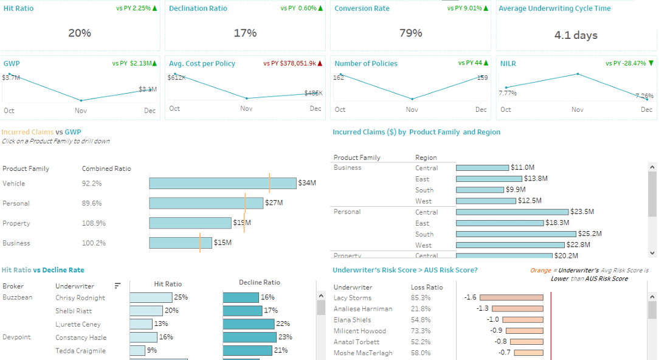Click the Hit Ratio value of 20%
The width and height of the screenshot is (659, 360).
point(80,33)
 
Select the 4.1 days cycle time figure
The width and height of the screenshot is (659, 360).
point(576,35)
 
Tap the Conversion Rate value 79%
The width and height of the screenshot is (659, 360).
point(410,33)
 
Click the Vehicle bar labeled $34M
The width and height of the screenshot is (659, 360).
point(223,183)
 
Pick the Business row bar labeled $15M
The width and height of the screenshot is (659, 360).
point(180,243)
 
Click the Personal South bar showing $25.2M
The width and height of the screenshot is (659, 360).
point(516,234)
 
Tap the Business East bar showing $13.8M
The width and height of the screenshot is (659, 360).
point(489,179)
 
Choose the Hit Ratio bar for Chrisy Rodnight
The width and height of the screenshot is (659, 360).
point(151,298)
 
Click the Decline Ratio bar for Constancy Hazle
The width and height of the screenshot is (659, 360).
point(249,337)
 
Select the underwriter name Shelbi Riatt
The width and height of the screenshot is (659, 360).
point(74,311)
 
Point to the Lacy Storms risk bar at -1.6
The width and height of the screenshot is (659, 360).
point(511,298)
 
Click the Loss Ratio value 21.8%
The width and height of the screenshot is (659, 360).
point(420,309)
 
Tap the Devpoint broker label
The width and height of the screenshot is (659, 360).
point(16,337)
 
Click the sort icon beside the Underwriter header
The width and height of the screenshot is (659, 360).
point(117,286)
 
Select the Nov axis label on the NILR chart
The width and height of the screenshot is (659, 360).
point(577,109)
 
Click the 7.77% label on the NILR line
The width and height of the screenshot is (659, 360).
point(508,93)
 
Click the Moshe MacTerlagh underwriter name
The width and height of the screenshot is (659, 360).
point(363,353)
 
